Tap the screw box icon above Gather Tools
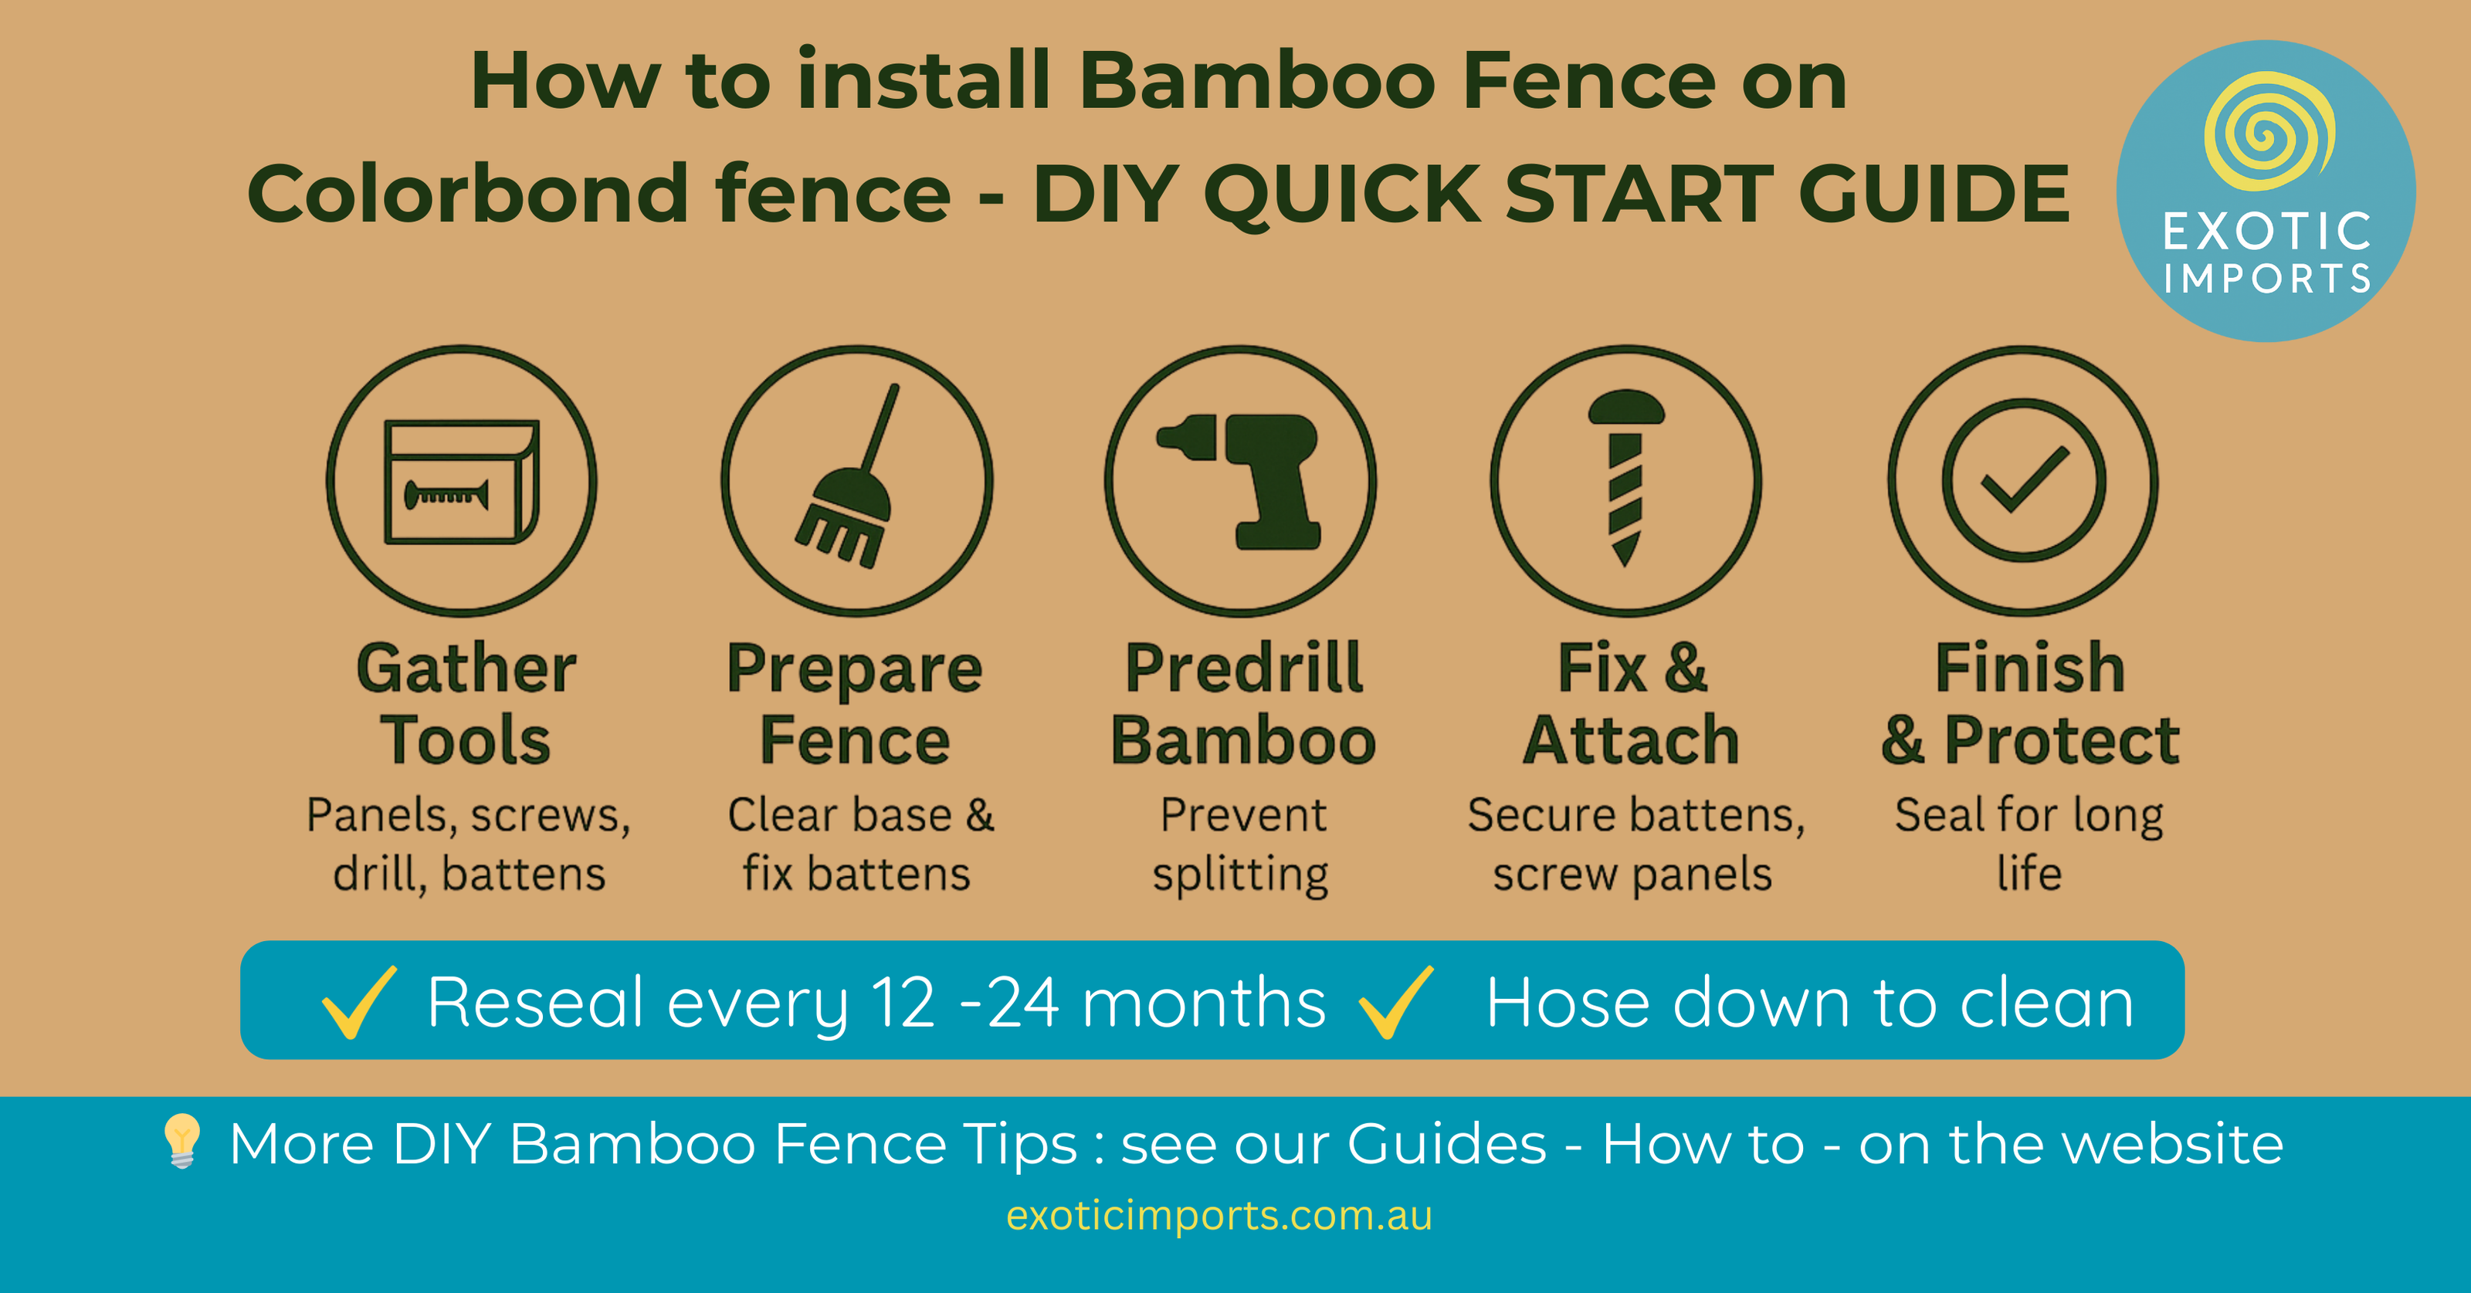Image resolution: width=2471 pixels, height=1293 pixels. [462, 482]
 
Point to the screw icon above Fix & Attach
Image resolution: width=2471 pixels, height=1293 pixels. [1626, 478]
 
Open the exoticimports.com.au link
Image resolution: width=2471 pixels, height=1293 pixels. [1219, 1215]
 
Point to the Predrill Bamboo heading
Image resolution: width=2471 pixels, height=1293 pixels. [1243, 704]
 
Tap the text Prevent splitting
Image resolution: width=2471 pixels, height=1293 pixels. [1241, 844]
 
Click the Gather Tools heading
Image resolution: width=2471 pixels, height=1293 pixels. [466, 704]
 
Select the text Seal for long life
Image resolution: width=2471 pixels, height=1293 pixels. [2029, 844]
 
